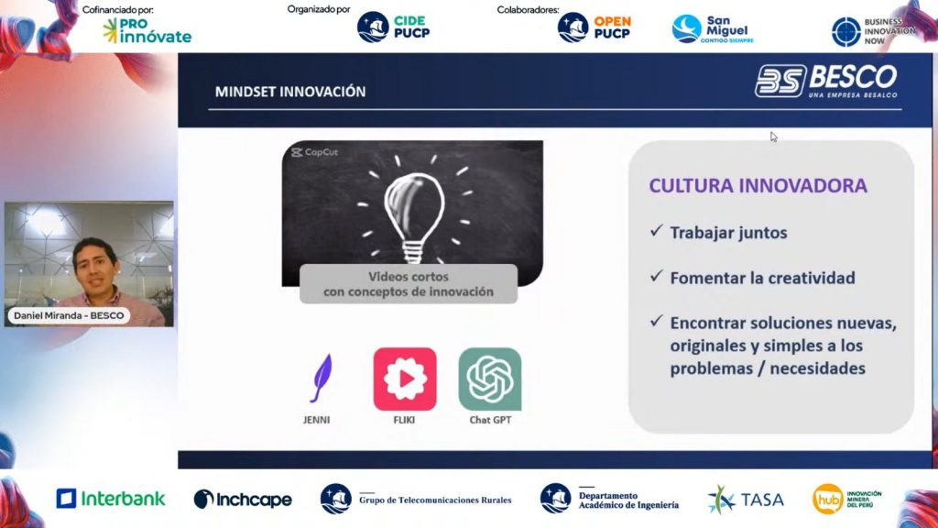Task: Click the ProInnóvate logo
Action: pos(147,30)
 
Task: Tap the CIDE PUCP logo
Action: pos(393,27)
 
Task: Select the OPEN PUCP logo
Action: pos(594,27)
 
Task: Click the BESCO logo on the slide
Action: pos(826,81)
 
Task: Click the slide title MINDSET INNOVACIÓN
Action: pos(290,92)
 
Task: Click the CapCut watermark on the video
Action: pos(315,152)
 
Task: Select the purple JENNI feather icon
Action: pos(322,378)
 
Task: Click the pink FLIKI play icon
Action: pos(405,379)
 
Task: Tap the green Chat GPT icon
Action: pos(490,379)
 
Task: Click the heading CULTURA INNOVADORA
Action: pos(758,185)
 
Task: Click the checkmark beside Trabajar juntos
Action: pos(656,230)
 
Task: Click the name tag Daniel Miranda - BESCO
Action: pos(69,315)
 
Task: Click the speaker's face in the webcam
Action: pos(95,268)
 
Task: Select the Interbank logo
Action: pos(111,499)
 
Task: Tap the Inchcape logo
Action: pos(243,500)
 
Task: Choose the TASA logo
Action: pos(746,500)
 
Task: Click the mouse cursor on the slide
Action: pos(773,137)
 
